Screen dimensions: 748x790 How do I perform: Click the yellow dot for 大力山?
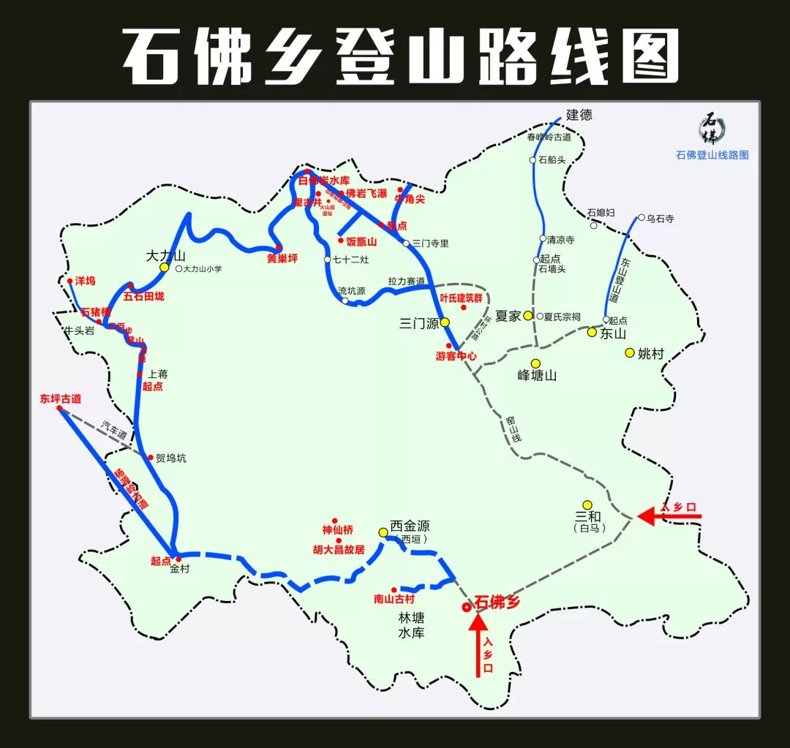165,268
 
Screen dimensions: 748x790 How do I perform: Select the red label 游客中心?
456,356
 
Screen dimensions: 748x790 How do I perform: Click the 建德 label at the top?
579,114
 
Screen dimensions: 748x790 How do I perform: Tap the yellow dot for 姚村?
629,352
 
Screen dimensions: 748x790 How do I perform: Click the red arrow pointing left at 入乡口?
669,516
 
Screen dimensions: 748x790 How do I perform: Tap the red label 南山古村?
394,599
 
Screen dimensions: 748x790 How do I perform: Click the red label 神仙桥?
337,529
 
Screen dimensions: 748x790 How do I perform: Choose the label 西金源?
410,526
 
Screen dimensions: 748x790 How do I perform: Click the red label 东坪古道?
60,398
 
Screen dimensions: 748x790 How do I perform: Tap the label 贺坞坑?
171,458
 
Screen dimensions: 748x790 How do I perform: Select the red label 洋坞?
85,281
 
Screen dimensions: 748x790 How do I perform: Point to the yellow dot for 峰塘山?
535,363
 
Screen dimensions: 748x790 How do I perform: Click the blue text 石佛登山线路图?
712,155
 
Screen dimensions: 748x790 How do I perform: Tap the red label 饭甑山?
361,241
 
